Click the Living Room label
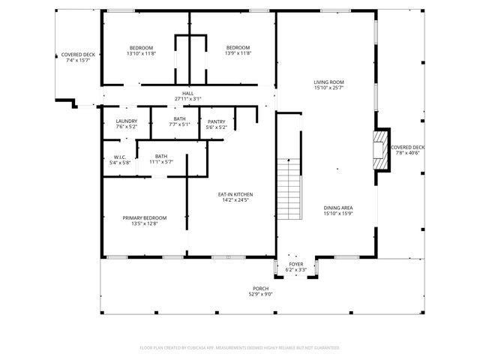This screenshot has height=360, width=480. (x=328, y=82)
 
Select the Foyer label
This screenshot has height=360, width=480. (x=296, y=265)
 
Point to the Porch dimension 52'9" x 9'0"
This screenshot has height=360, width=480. (x=261, y=295)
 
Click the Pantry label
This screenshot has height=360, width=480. (x=217, y=121)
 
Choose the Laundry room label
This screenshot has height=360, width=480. (x=126, y=121)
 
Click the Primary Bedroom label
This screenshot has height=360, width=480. (x=144, y=217)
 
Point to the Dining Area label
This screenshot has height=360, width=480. (x=338, y=208)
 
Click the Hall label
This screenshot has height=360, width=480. (x=187, y=92)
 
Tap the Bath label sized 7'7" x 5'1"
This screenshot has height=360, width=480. (x=179, y=118)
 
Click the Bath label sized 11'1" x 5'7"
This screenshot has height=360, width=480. (x=161, y=156)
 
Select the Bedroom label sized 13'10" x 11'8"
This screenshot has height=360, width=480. (x=140, y=48)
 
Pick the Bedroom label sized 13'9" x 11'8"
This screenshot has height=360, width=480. (x=238, y=48)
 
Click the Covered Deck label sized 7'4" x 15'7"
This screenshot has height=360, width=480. (x=78, y=55)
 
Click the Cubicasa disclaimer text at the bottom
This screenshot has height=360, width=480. (x=240, y=348)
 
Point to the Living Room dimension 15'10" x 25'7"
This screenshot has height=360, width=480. (x=328, y=88)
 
